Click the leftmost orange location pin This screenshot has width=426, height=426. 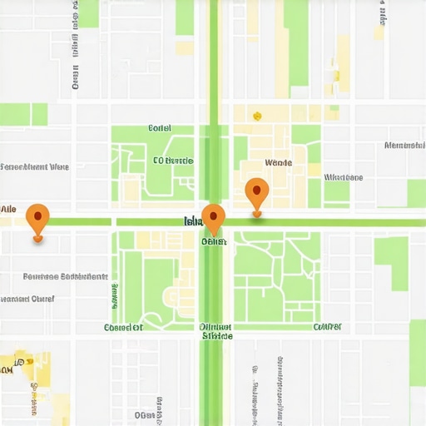tap(37, 218)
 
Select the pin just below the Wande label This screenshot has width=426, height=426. tap(257, 193)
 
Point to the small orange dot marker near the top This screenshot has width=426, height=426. tap(257, 116)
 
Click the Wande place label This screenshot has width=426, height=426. tap(277, 163)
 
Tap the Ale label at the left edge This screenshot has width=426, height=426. tap(8, 208)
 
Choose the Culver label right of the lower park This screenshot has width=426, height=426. tap(326, 326)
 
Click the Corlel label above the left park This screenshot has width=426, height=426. tap(159, 128)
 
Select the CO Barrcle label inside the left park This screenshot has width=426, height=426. tap(172, 160)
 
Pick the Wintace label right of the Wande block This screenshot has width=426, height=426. tap(343, 177)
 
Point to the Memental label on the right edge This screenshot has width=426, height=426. tap(405, 146)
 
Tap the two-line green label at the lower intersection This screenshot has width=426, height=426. tap(216, 332)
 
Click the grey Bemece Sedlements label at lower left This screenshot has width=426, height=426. tap(65, 276)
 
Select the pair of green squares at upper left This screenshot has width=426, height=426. tap(23, 114)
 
